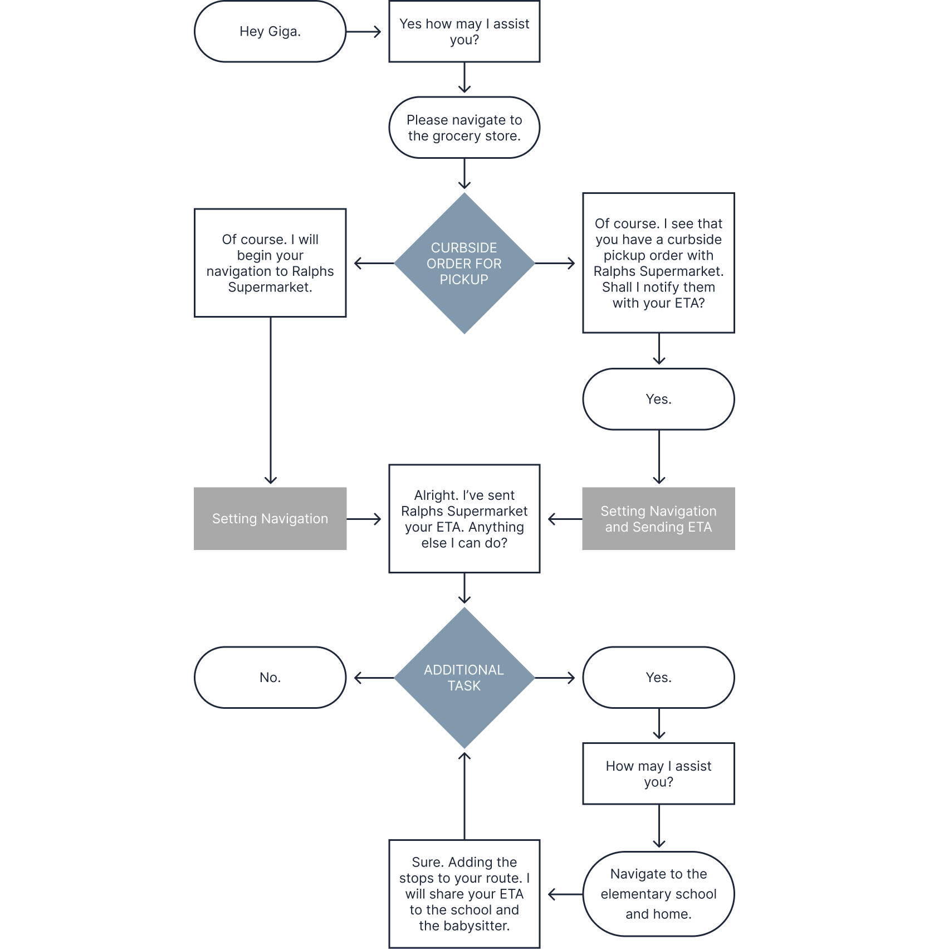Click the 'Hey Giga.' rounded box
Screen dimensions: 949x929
coord(270,32)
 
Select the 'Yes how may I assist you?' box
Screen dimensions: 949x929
coord(464,32)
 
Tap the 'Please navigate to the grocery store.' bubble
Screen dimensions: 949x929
coord(464,128)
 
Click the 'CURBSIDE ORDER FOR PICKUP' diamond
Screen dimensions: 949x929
coord(464,264)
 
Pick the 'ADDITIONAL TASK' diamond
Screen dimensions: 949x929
coord(464,678)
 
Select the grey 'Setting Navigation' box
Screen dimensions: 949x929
coord(270,519)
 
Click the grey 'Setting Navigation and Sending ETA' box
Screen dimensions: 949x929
coord(658,519)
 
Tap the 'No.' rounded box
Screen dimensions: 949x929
coord(270,678)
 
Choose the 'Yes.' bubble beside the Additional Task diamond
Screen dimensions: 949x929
coord(658,678)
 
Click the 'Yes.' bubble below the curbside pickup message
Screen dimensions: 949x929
coord(658,399)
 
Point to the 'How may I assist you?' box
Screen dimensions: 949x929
coord(658,774)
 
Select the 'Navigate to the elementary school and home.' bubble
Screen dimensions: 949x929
coord(658,894)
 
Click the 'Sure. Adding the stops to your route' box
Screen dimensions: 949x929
coord(464,894)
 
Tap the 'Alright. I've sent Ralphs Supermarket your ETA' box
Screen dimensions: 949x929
coord(464,519)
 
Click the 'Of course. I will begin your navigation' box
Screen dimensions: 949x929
coord(270,263)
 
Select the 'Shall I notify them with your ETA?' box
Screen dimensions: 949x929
coord(658,263)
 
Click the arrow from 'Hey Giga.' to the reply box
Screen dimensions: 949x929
coord(365,32)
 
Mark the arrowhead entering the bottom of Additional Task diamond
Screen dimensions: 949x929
coord(464,757)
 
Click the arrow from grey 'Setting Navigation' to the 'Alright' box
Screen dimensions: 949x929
coord(365,519)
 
